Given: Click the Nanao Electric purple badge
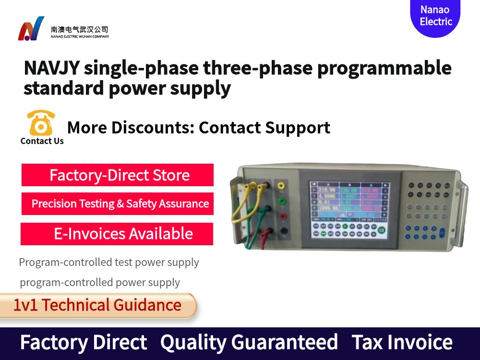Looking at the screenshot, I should [x=435, y=16].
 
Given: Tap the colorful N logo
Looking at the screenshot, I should [x=31, y=29].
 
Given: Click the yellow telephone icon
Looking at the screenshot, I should [x=41, y=123].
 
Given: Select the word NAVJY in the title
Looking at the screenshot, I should [x=51, y=68].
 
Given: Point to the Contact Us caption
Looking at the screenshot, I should [x=42, y=141].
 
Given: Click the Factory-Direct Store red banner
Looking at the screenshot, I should [x=118, y=175].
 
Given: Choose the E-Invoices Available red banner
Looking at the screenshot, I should [x=117, y=234].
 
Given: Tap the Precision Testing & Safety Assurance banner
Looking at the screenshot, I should [x=118, y=204].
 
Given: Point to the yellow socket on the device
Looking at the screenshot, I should [x=282, y=185].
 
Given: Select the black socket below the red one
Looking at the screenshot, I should [x=283, y=231].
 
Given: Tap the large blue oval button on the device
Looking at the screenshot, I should [x=442, y=232].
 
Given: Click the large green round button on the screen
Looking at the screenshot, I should [x=382, y=230].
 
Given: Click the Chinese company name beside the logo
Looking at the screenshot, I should [x=80, y=29].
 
